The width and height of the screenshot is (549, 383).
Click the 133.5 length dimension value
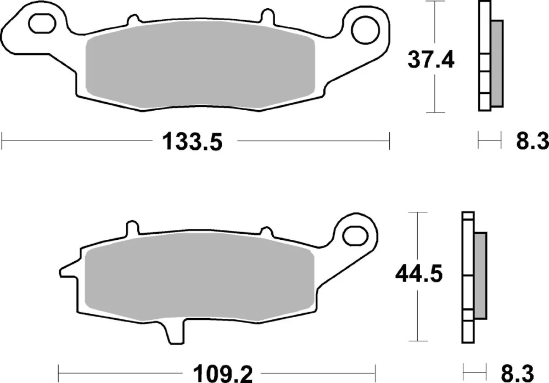click(192, 142)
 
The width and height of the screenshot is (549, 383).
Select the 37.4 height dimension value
click(431, 60)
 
